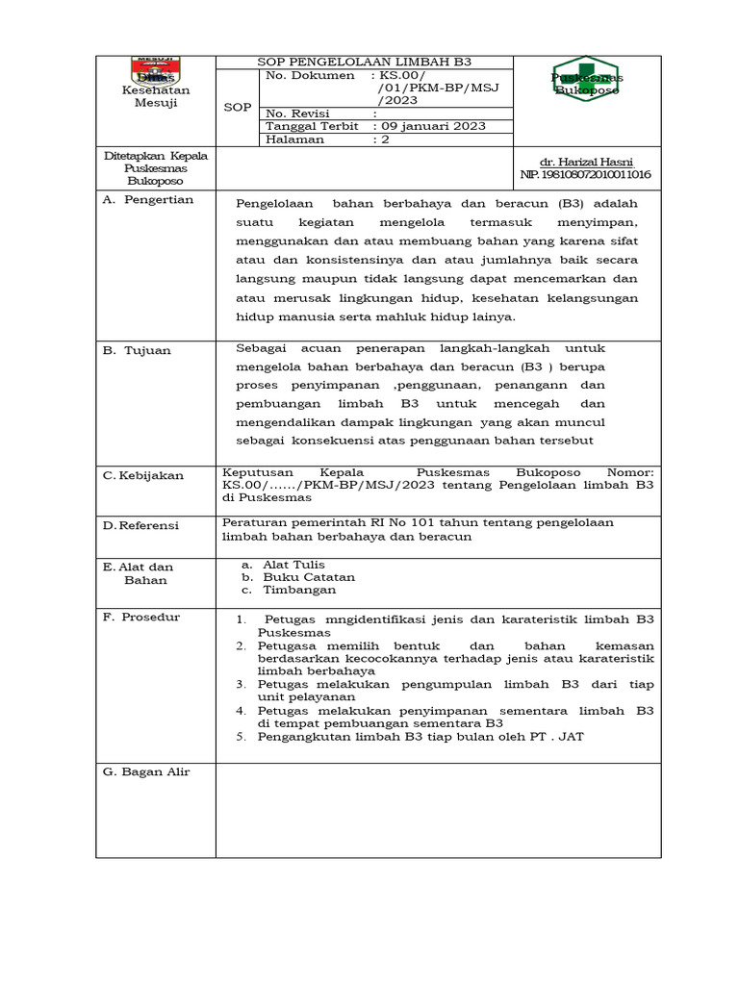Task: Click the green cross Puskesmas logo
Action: (x=586, y=79)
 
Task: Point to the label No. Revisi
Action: (x=297, y=113)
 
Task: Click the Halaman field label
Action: (x=294, y=139)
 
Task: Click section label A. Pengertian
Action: (x=148, y=200)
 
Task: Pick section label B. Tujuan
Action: (x=137, y=351)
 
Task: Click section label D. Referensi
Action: (x=144, y=524)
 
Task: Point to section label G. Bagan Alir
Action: (x=146, y=771)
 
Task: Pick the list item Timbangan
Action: (x=299, y=590)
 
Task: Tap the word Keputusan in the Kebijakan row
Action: (x=255, y=472)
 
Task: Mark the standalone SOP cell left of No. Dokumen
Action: (x=237, y=108)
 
